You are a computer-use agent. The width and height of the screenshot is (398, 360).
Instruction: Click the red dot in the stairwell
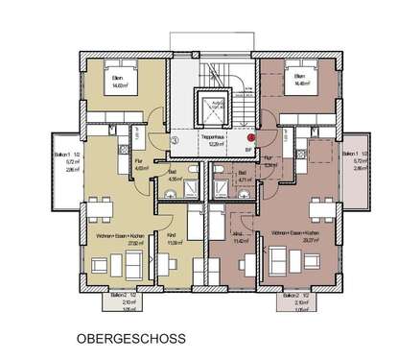[x=251, y=138]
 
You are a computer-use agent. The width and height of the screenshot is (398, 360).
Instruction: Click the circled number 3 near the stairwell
[x=173, y=137]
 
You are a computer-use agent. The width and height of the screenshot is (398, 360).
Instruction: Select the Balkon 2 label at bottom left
[x=119, y=295]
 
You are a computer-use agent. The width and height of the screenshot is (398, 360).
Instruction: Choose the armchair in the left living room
[x=97, y=268]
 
